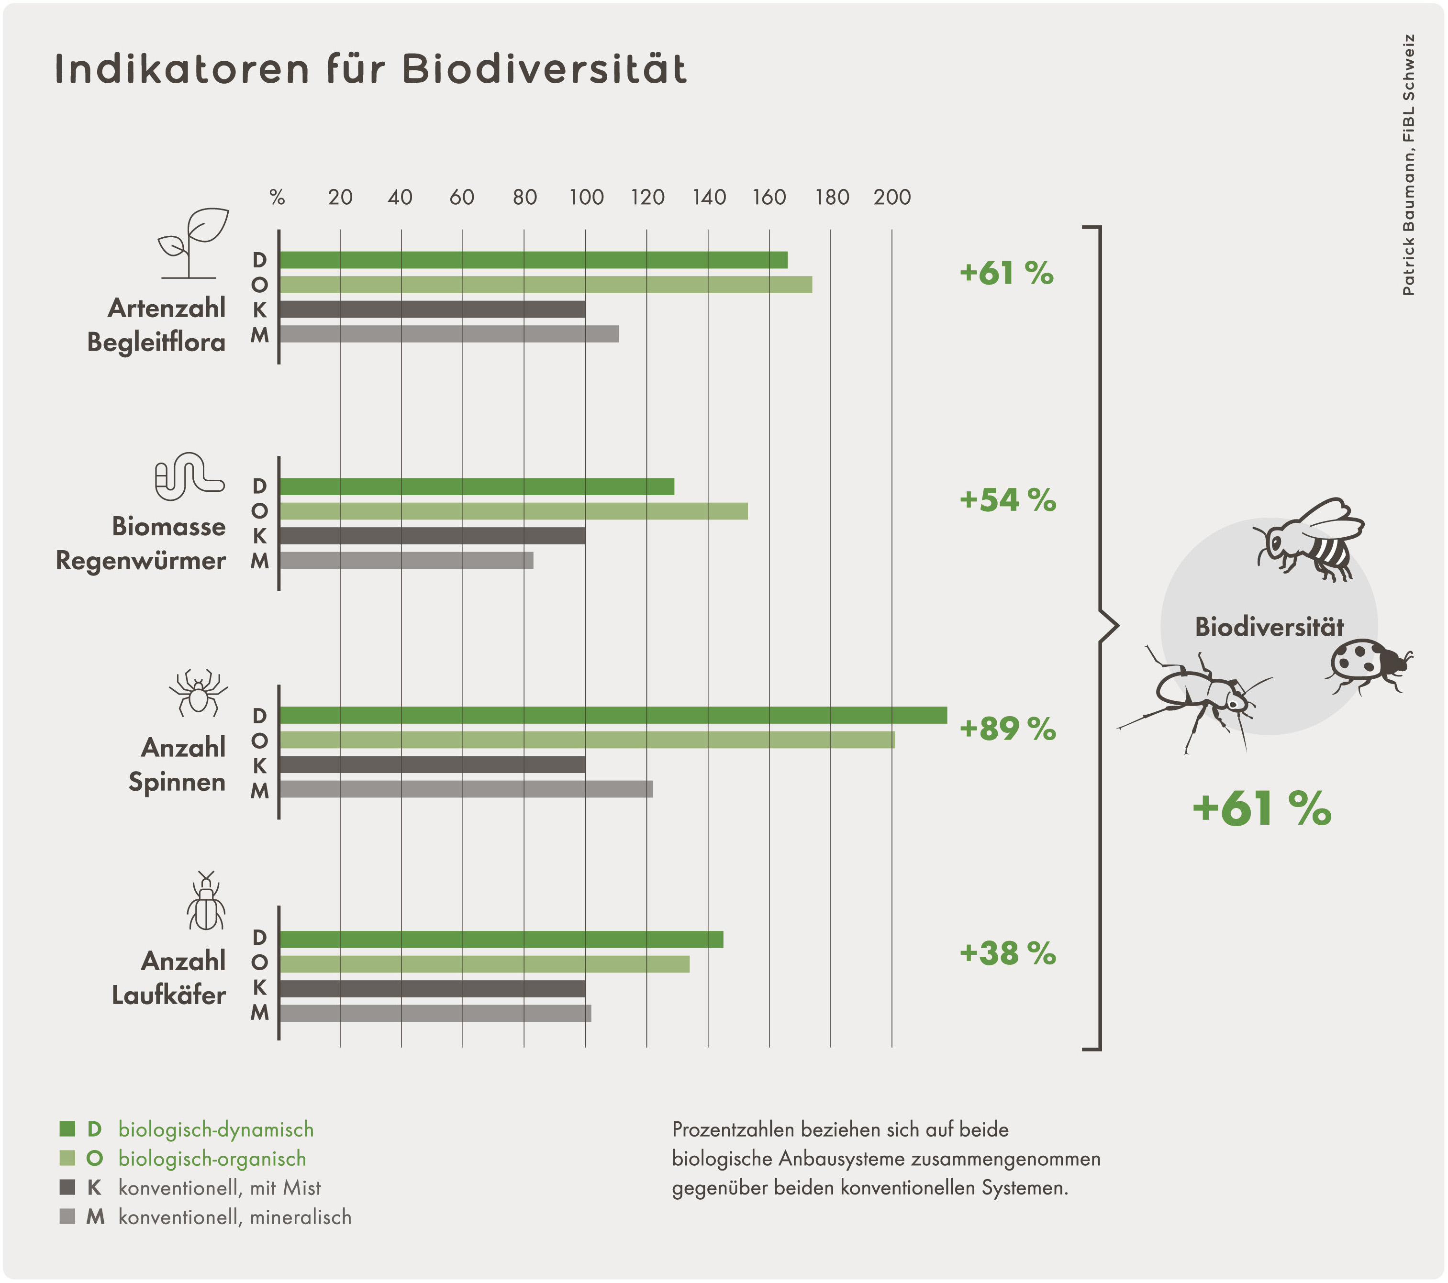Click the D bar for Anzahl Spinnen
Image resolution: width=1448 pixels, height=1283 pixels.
coord(613,715)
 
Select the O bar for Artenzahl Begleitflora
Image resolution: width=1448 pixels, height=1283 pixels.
coord(546,285)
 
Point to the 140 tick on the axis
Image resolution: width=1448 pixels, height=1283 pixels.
coord(709,197)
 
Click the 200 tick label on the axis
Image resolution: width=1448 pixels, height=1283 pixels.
coord(892,197)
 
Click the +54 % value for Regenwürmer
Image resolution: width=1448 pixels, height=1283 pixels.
coord(1007,500)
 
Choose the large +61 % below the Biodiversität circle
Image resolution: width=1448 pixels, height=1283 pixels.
coord(1262,808)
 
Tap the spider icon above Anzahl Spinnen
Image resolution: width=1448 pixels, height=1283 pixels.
coord(199,693)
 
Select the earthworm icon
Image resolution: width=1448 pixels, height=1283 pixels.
coord(189,476)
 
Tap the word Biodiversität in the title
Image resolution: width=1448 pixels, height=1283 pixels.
coord(545,69)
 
